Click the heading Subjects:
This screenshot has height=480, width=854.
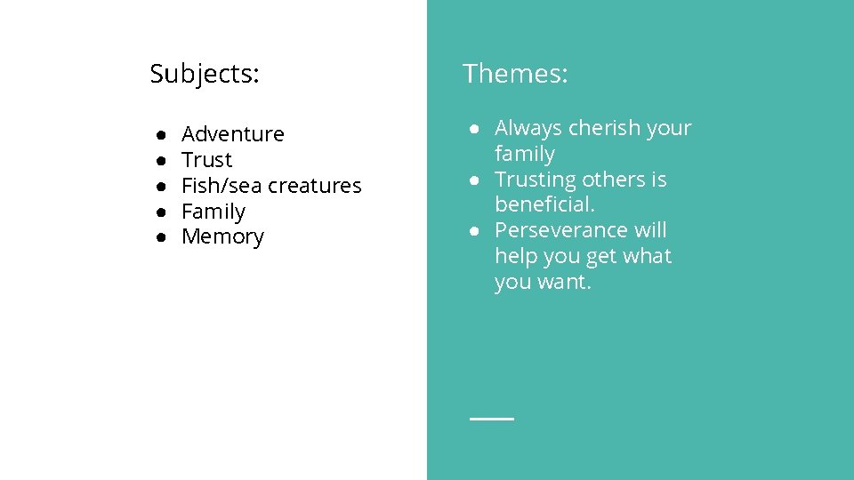205,74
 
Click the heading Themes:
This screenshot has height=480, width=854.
514,74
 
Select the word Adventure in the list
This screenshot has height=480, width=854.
232,134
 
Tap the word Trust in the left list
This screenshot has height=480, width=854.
206,160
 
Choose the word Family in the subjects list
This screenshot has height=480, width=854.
213,212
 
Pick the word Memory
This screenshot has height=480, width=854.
222,237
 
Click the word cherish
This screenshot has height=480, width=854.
604,128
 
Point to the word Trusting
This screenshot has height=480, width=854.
536,180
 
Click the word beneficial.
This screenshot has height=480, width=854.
544,204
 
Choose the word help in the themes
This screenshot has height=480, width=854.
514,256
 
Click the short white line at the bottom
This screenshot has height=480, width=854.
492,418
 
